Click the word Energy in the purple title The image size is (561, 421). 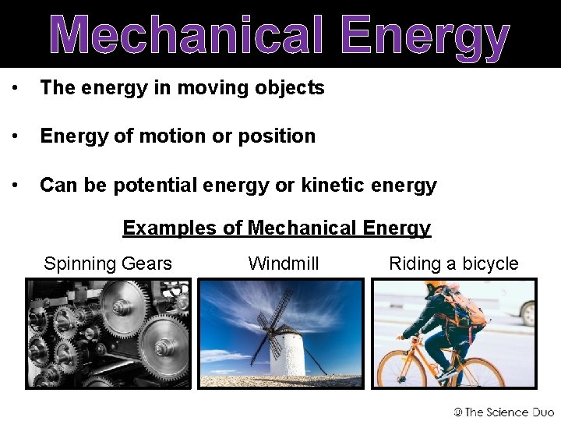[x=425, y=37]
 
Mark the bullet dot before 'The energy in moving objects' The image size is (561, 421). [x=15, y=88]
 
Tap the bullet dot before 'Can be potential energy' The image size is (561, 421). [x=15, y=185]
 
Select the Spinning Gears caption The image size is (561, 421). [x=108, y=264]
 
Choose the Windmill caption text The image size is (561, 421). [x=284, y=264]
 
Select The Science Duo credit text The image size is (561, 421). [x=509, y=412]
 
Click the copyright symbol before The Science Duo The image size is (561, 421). [x=459, y=412]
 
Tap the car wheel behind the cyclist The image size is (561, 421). [x=528, y=312]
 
